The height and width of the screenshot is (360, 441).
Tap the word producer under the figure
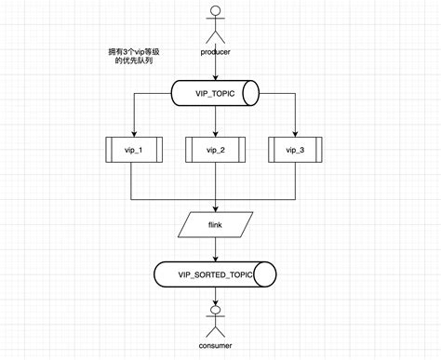pyautogui.click(x=215, y=51)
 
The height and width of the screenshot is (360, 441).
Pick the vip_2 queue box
pyautogui.click(x=216, y=149)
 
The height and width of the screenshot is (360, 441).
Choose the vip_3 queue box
pyautogui.click(x=297, y=149)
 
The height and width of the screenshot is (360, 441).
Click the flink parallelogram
pyautogui.click(x=216, y=224)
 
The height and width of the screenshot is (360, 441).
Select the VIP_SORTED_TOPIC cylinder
pyautogui.click(x=216, y=273)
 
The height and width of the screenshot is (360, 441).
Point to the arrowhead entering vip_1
pyautogui.click(x=134, y=132)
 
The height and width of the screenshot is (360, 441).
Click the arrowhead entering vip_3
pyautogui.click(x=297, y=132)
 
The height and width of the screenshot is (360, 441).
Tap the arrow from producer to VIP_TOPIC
pyautogui.click(x=216, y=69)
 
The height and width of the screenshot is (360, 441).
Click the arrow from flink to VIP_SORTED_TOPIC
pyautogui.click(x=216, y=248)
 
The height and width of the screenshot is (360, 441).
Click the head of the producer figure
pyautogui.click(x=215, y=11)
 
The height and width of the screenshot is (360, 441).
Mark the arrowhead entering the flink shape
pyautogui.click(x=216, y=208)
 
